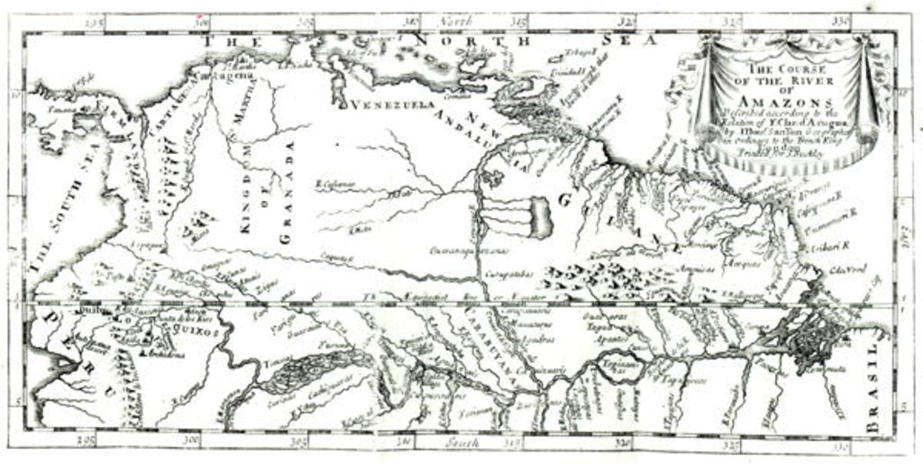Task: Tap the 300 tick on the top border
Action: [203, 19]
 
